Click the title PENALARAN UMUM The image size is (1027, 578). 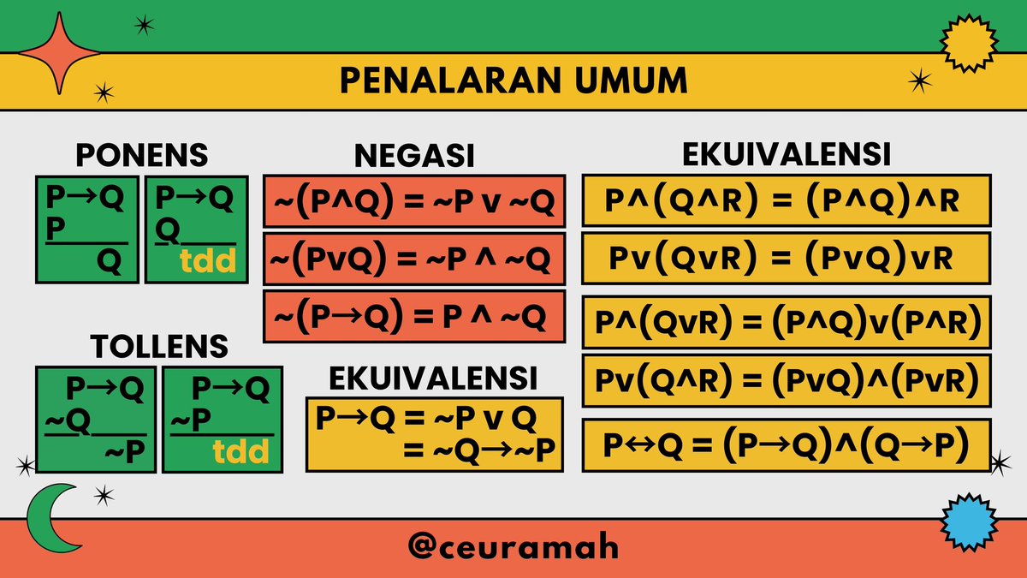point(513,80)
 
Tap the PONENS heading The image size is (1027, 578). point(141,155)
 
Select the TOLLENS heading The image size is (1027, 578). point(159,346)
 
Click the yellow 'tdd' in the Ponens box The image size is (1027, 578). point(210,261)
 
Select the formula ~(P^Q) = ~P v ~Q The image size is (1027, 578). point(413,202)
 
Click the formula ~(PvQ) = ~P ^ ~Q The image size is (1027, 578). point(413,259)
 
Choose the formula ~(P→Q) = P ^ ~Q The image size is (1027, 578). point(413,317)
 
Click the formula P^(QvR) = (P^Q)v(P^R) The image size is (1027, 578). point(786,323)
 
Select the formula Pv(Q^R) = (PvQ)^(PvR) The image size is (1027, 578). point(786,379)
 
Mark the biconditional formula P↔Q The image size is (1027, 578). point(786,445)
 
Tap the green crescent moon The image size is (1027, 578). point(48,523)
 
